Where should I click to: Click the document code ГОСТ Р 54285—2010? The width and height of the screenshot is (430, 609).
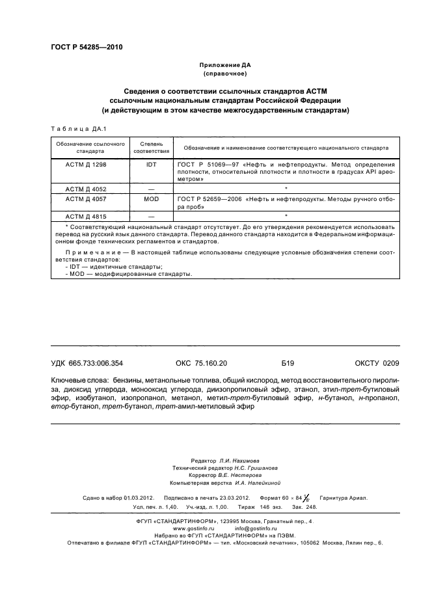tap(86, 47)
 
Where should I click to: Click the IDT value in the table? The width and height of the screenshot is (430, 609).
tap(151, 166)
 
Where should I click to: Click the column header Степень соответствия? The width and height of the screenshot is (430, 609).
tap(151, 146)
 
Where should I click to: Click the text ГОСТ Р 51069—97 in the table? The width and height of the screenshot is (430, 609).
tap(200, 166)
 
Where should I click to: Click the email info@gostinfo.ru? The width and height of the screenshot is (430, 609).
tap(256, 528)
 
